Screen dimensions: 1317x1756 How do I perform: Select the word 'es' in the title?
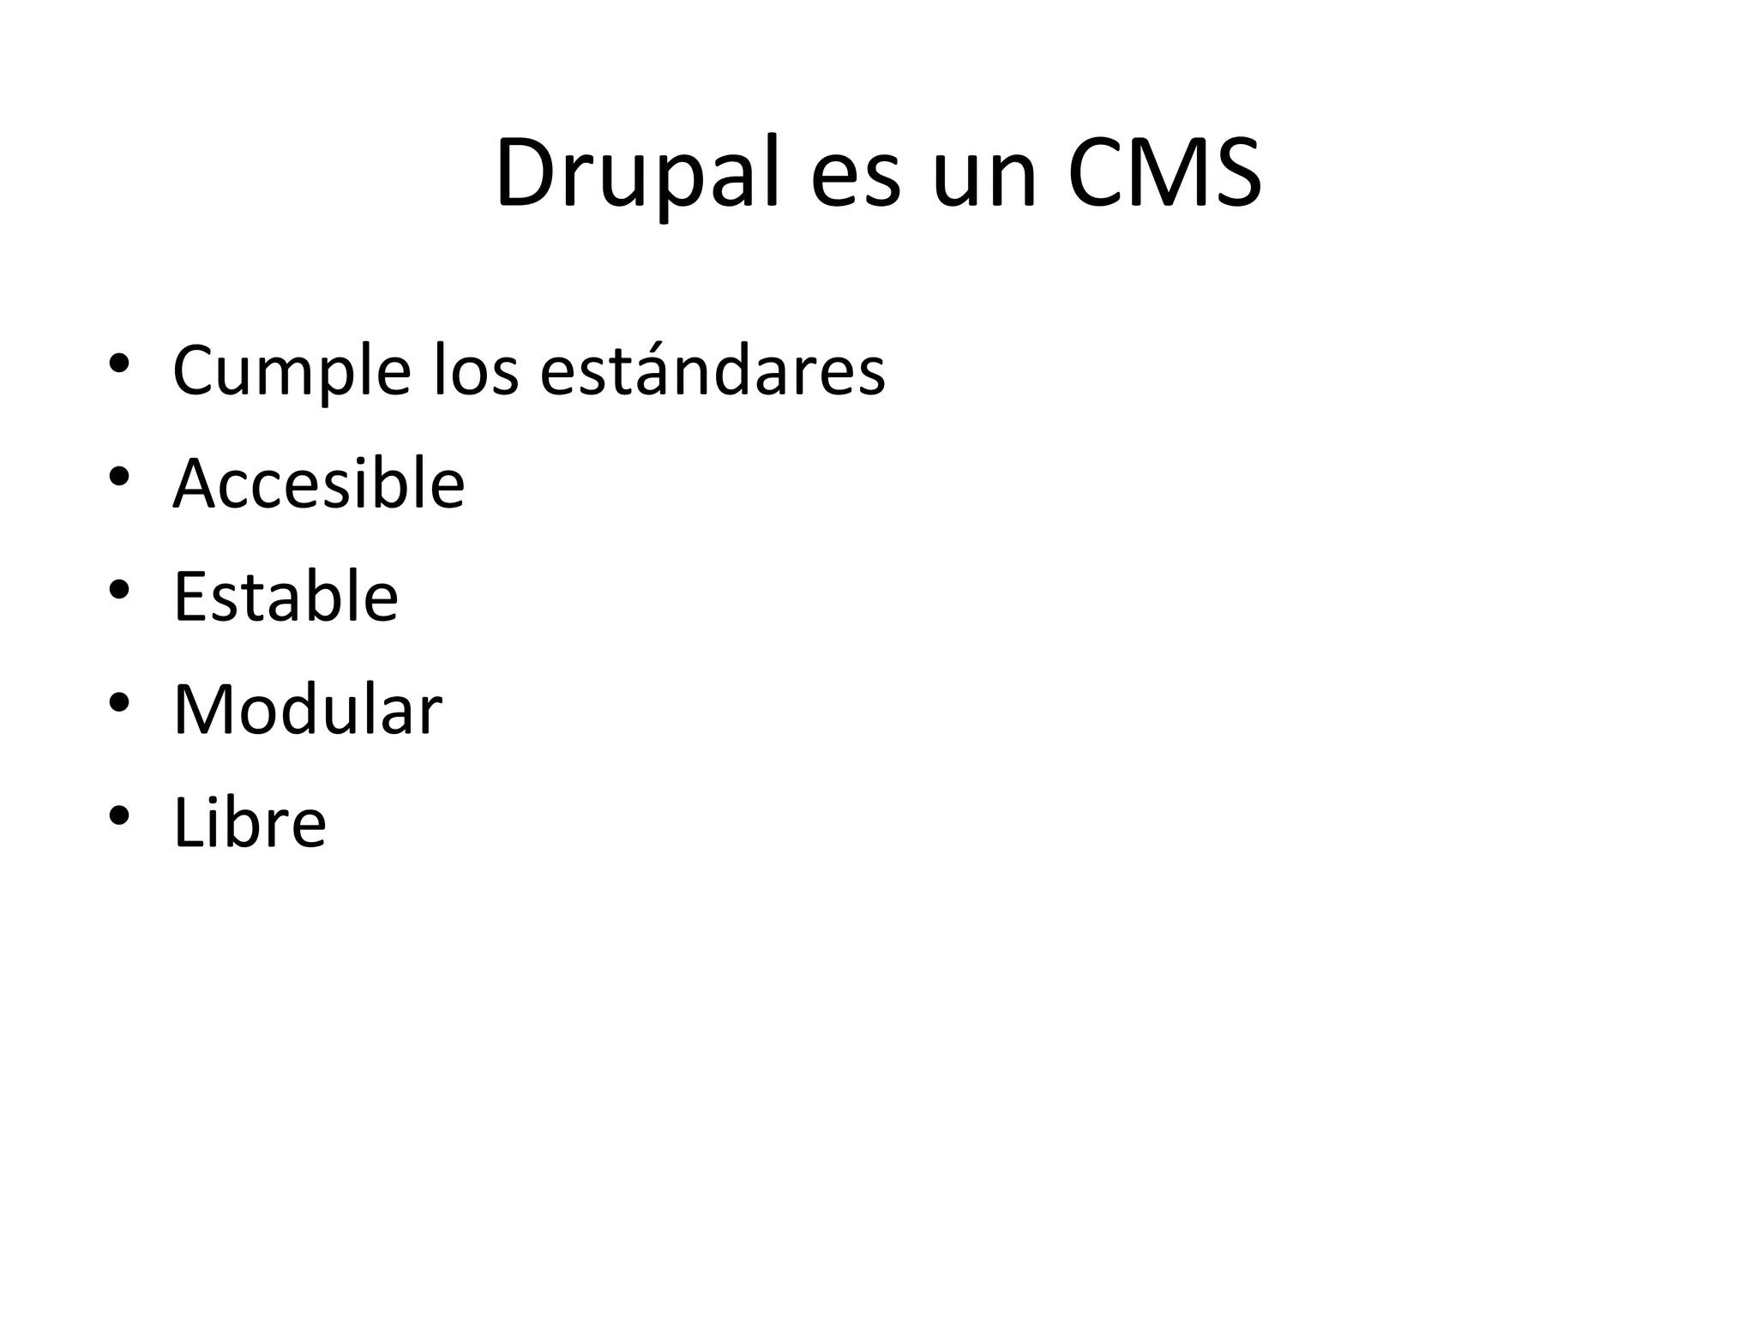[x=855, y=182]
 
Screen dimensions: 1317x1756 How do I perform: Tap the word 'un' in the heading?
[x=985, y=182]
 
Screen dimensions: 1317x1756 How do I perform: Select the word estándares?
[x=713, y=370]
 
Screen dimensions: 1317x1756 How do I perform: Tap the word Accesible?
[x=318, y=484]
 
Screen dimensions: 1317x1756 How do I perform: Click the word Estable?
[x=286, y=597]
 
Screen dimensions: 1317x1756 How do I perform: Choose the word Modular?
[x=307, y=710]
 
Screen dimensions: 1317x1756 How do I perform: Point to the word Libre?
[x=250, y=823]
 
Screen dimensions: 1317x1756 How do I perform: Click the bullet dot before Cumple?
[x=119, y=363]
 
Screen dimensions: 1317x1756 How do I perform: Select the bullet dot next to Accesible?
[x=119, y=476]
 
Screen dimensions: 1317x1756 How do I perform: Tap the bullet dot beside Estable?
[x=119, y=589]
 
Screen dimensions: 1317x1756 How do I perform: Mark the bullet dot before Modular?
[x=119, y=702]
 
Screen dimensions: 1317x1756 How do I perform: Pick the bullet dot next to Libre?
[x=119, y=815]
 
